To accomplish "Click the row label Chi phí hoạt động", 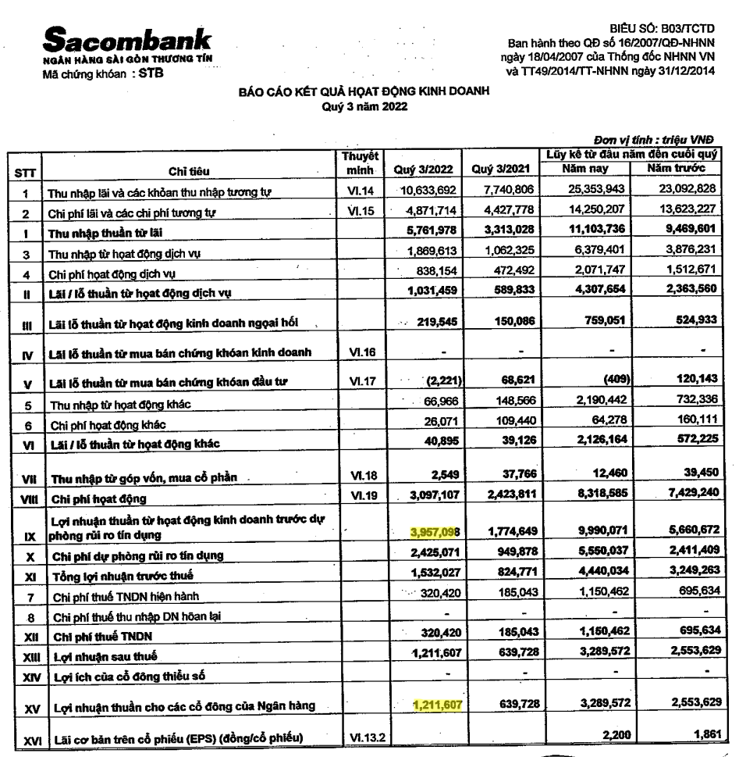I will point(97,498).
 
